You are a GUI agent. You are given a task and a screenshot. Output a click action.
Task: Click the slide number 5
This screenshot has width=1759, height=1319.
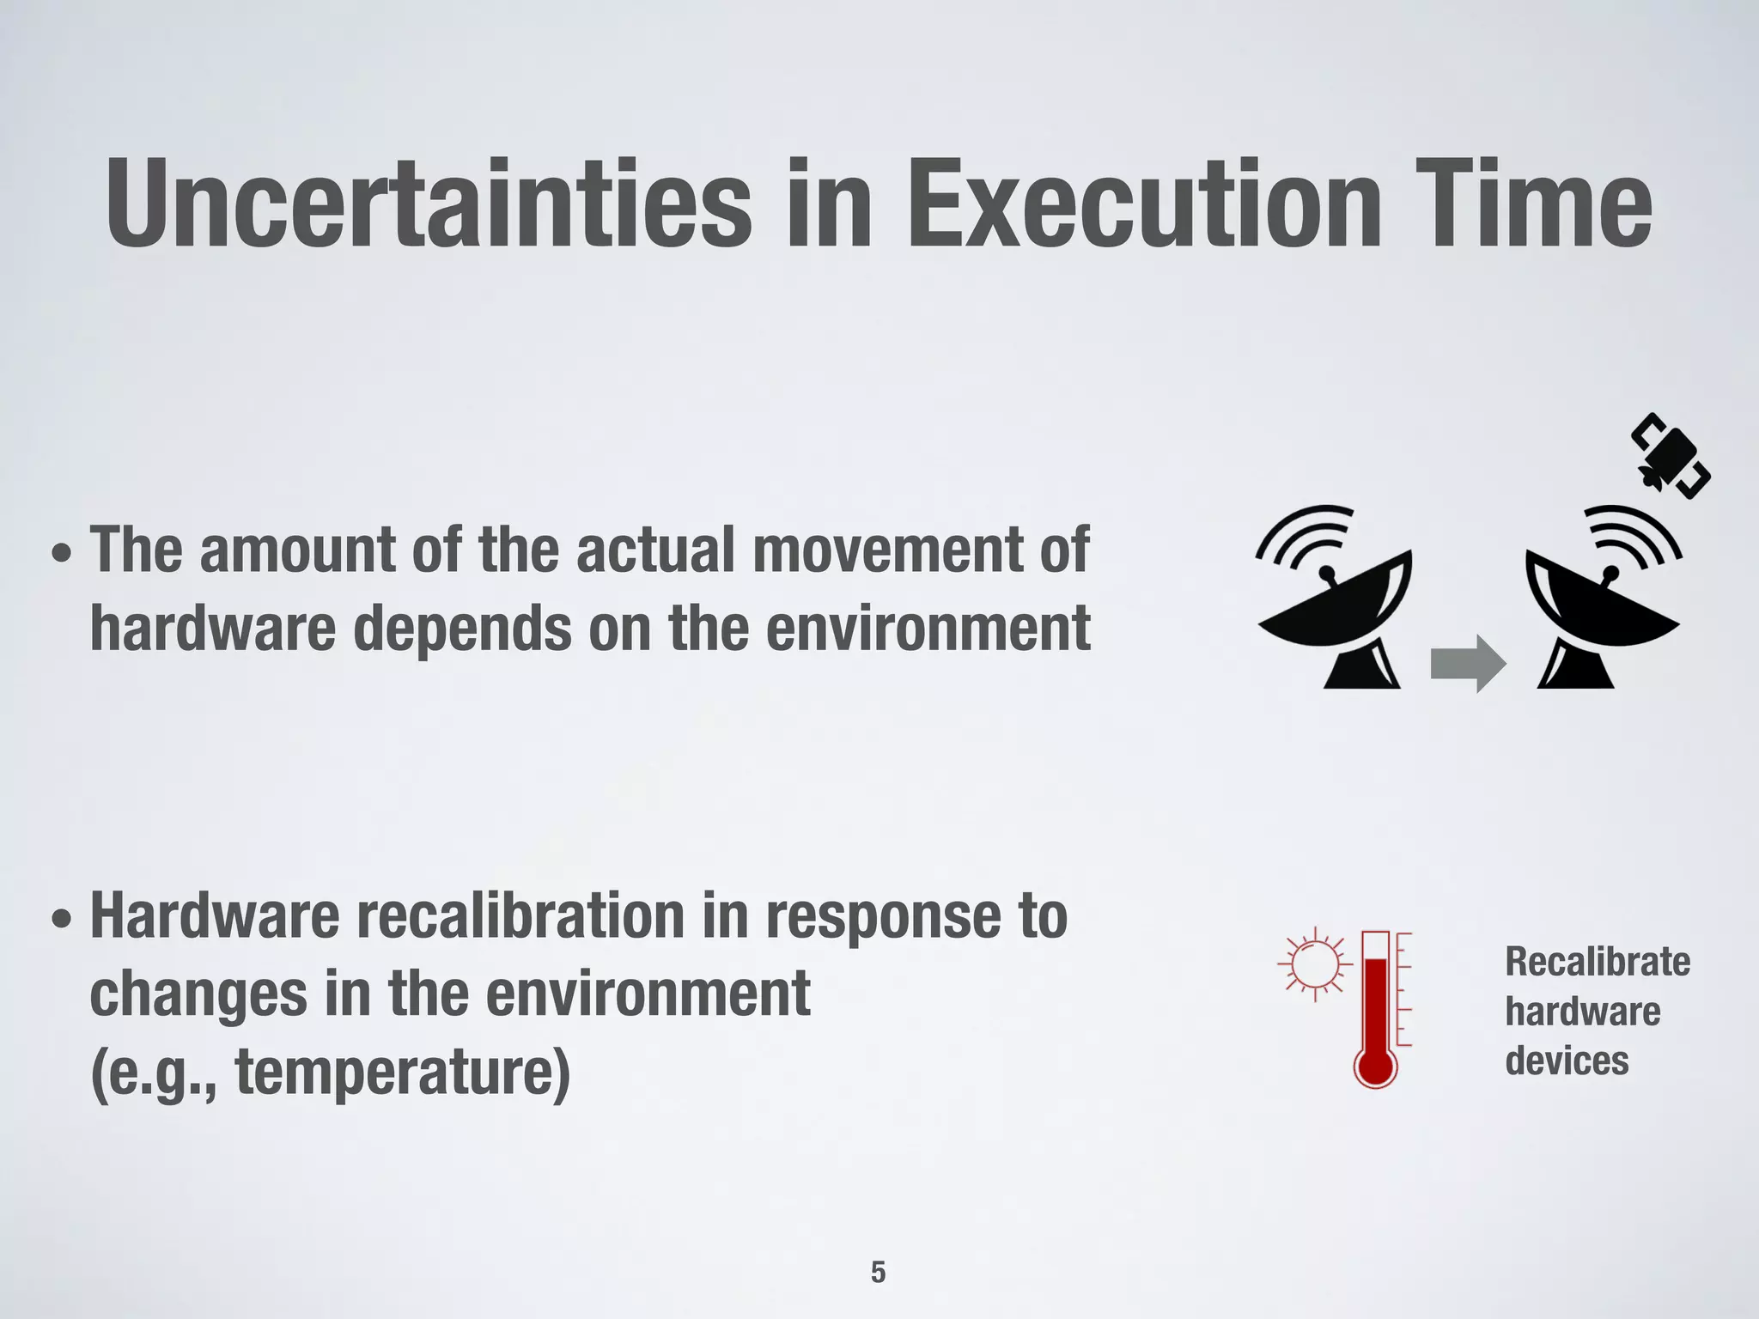click(x=878, y=1272)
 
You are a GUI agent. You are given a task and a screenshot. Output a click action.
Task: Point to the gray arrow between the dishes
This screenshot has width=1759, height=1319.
click(x=1467, y=664)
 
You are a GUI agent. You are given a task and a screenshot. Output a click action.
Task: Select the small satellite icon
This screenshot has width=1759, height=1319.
click(x=1670, y=465)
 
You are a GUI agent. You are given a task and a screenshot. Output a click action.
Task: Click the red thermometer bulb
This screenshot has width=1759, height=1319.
click(x=1376, y=1066)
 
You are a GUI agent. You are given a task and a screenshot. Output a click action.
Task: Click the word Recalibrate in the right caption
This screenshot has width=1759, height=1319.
click(x=1597, y=962)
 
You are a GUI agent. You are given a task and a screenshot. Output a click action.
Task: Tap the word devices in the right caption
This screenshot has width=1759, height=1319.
click(x=1567, y=1061)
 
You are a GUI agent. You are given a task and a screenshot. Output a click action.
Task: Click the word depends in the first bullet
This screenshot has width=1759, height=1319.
click(x=462, y=628)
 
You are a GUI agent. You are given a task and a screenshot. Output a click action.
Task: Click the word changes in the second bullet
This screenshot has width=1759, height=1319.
click(x=198, y=994)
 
